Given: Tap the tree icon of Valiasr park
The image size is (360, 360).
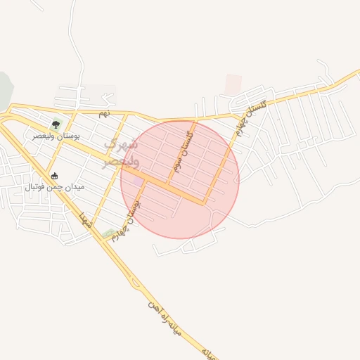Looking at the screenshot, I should (56, 124).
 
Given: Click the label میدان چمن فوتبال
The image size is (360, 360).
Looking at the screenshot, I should (55, 187).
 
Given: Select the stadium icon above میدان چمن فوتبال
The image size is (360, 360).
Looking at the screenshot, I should (55, 176).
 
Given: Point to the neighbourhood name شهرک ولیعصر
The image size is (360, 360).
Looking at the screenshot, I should (121, 153).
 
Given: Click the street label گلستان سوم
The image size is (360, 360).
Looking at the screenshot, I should (182, 151).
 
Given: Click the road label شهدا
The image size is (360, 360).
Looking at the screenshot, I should (86, 219).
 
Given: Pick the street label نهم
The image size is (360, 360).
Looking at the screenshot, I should (104, 112).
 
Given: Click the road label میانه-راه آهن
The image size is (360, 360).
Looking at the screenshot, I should (165, 317).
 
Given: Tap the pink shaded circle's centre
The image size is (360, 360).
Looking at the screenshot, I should (180, 180).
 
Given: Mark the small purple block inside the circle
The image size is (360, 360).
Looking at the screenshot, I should (139, 182).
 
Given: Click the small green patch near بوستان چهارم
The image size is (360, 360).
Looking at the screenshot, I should (108, 233).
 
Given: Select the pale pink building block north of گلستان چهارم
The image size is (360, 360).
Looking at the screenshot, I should (233, 84).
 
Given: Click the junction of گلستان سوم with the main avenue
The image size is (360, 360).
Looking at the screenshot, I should (168, 184).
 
